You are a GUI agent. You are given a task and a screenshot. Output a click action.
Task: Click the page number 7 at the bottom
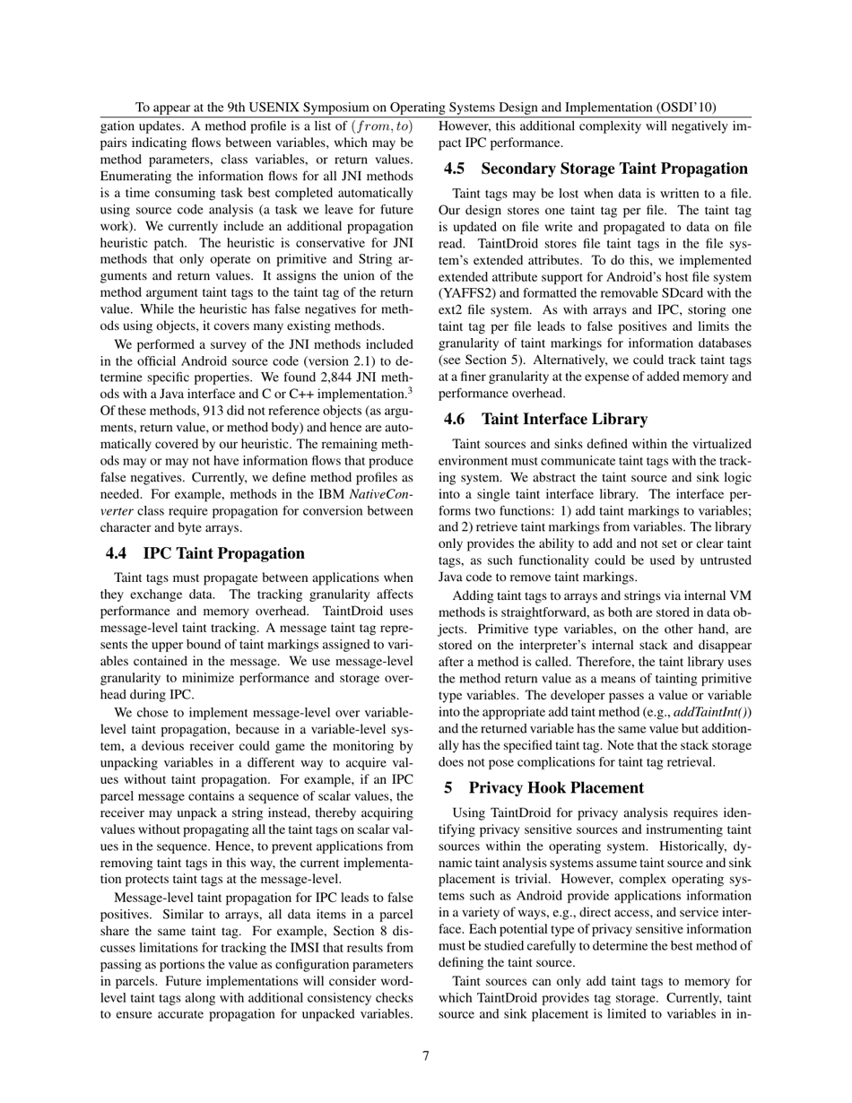pos(426,1055)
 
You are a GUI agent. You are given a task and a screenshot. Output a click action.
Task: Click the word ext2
pos(451,310)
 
